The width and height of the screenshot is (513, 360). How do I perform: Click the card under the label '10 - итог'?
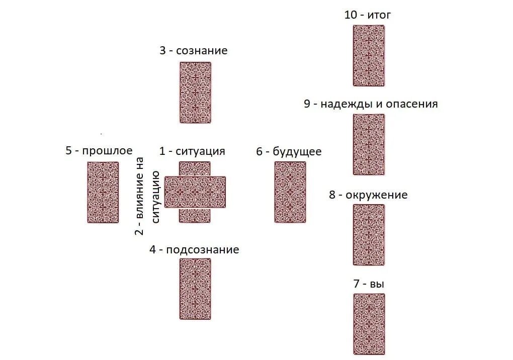pos(368,56)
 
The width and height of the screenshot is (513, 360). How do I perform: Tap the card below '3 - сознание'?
pos(195,93)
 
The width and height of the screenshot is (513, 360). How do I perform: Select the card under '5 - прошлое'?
pos(103,192)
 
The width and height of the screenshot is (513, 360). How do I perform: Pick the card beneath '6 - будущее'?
pos(290,192)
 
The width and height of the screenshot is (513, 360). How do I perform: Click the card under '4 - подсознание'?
pos(195,289)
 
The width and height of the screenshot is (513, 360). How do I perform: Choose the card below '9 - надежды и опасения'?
pos(368,144)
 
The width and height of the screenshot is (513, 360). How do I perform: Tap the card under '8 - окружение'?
pos(368,234)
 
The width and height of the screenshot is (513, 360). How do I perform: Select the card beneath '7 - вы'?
pos(368,324)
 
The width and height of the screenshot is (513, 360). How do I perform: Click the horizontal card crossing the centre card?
pos(195,192)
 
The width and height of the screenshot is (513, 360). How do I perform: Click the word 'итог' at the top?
pos(379,15)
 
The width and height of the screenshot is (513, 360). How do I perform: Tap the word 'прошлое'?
pos(107,150)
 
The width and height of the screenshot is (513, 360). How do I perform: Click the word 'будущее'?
pos(297,151)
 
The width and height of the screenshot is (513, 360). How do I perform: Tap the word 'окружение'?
pos(377,195)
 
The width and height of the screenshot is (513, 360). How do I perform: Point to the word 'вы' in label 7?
pos(377,284)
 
